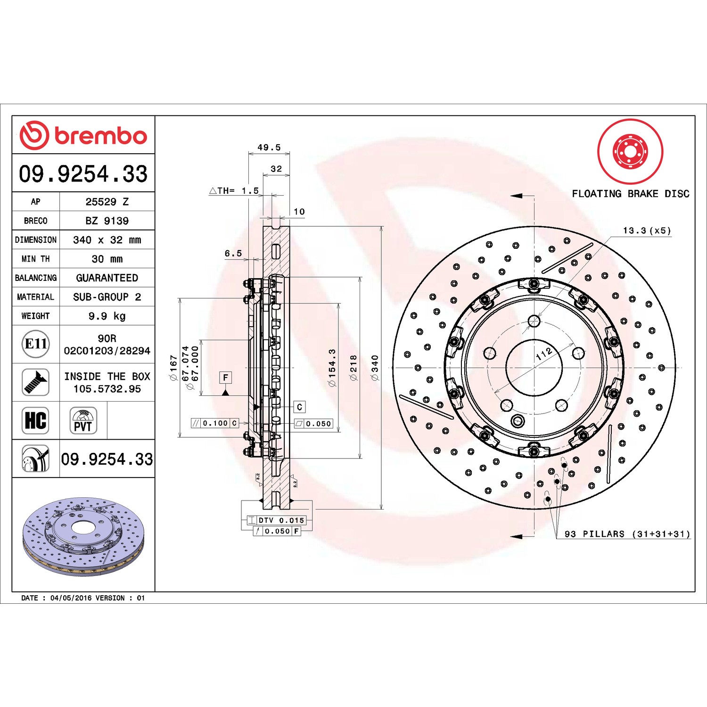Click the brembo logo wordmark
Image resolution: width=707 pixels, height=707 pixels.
(x=100, y=136)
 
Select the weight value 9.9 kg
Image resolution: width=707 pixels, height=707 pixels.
(x=107, y=316)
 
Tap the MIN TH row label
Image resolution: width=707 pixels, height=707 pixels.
(x=35, y=259)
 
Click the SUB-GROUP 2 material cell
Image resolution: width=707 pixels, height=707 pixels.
(x=107, y=297)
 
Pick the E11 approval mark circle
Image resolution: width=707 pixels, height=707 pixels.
(x=36, y=344)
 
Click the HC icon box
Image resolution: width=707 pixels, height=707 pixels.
(x=36, y=420)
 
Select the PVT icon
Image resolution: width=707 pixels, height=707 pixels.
(x=83, y=420)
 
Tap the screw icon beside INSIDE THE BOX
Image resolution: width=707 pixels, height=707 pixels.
(x=36, y=382)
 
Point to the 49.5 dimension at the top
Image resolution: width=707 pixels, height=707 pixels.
(x=269, y=148)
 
